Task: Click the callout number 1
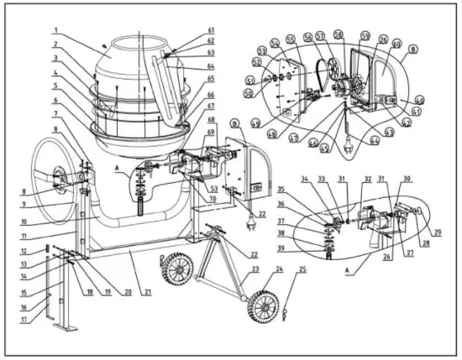pos(55,31)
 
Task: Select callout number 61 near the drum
pos(211,31)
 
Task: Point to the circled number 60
pos(396,45)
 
